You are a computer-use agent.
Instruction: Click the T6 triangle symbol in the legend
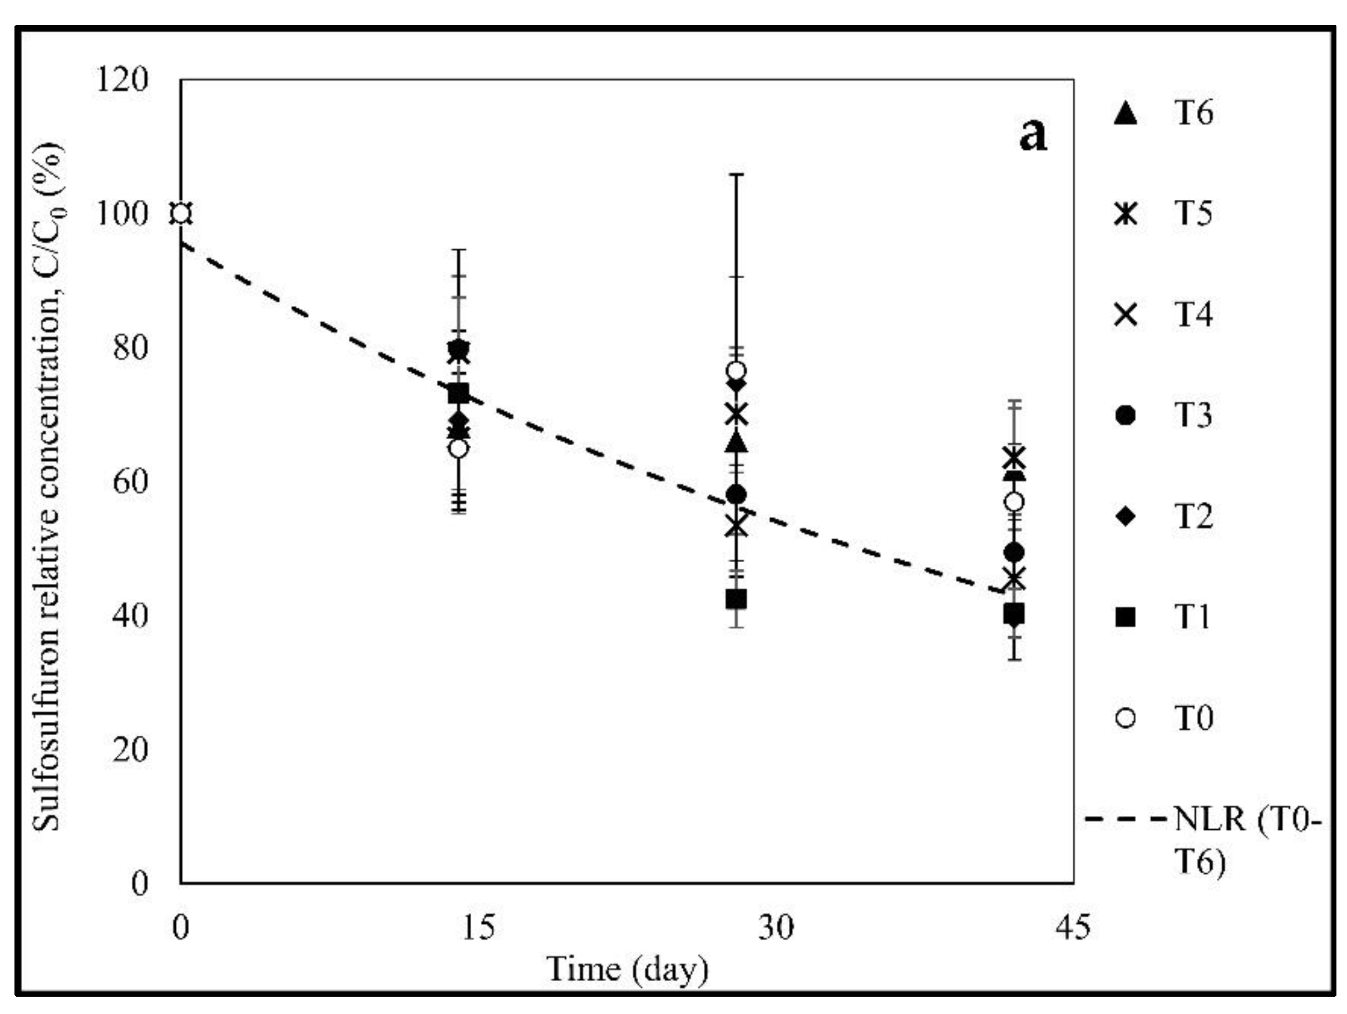(x=1126, y=114)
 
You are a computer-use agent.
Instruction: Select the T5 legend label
(x=1193, y=213)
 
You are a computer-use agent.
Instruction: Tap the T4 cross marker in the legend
(x=1126, y=315)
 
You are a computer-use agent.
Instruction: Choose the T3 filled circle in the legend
(x=1126, y=415)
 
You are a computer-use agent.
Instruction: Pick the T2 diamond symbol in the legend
(x=1126, y=516)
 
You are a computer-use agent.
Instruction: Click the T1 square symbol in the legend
(x=1126, y=617)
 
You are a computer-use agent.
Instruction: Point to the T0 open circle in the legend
(x=1126, y=718)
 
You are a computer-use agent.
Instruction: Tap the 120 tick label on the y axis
(x=122, y=79)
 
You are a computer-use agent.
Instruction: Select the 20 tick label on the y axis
(x=130, y=749)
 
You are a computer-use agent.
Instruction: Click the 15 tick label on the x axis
(x=478, y=928)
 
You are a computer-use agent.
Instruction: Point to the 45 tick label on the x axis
(x=1073, y=928)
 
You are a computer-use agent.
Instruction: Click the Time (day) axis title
(x=627, y=968)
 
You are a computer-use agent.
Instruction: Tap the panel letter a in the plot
(x=1033, y=135)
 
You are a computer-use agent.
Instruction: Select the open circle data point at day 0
(x=181, y=214)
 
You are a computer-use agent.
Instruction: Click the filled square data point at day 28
(x=736, y=599)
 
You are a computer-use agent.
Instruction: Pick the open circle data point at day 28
(x=736, y=370)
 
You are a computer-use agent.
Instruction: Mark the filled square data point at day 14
(x=458, y=393)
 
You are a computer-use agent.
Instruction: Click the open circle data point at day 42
(x=1014, y=502)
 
